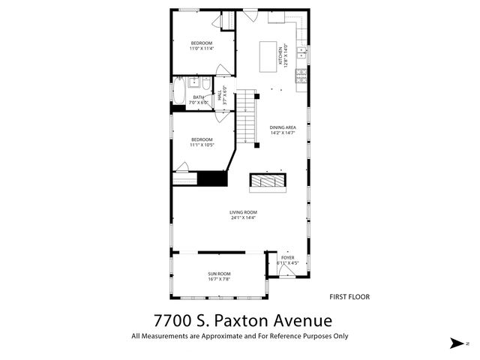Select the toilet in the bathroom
tap(205, 82)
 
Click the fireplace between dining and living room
tap(268, 181)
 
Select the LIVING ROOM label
tap(243, 213)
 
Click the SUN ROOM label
tap(219, 274)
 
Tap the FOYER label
tap(288, 257)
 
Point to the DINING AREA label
tap(283, 127)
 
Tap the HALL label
tap(220, 97)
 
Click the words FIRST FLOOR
tap(349, 296)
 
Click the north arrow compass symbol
tap(456, 343)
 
